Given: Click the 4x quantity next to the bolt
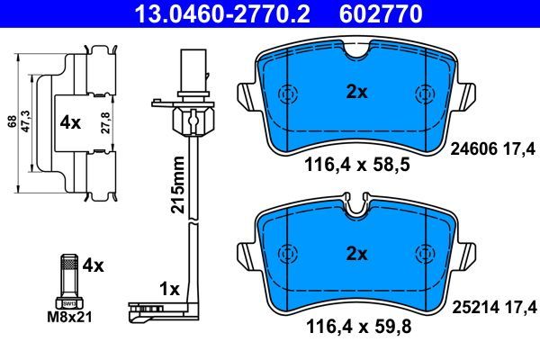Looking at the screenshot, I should [93, 265].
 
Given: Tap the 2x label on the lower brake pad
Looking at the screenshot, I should [357, 254].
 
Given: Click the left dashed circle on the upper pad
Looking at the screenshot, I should [288, 94].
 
